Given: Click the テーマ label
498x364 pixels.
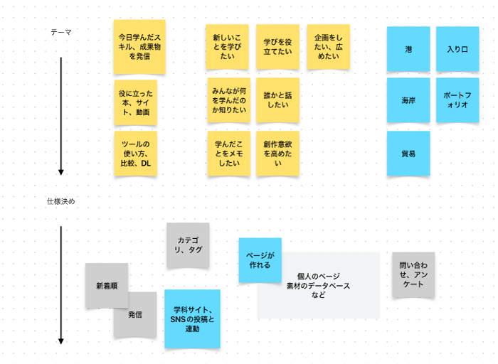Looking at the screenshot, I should coord(61,33).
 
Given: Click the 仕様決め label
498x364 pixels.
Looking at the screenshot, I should coord(61,201).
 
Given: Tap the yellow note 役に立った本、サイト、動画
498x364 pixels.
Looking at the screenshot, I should coord(135,102).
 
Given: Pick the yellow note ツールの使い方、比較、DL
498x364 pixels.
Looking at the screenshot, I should coord(135,154).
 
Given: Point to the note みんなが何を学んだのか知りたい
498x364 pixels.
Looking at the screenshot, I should coord(228,100).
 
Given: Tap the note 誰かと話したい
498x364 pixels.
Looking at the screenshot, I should coord(277,100).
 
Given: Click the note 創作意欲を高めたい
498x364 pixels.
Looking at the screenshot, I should coord(277,153).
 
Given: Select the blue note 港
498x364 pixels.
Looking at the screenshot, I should coord(408,49).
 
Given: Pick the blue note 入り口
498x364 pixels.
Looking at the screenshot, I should coord(457,49).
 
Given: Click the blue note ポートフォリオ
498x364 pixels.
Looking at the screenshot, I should coord(457,100).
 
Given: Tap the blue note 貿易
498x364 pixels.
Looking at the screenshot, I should coord(408,153).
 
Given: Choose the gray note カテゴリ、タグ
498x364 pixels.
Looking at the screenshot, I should coord(188,245).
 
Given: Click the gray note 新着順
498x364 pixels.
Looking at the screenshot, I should coord(107,286).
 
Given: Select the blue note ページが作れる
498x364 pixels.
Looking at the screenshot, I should coord(259,259).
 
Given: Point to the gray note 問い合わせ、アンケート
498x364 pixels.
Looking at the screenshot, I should coord(413,274).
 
